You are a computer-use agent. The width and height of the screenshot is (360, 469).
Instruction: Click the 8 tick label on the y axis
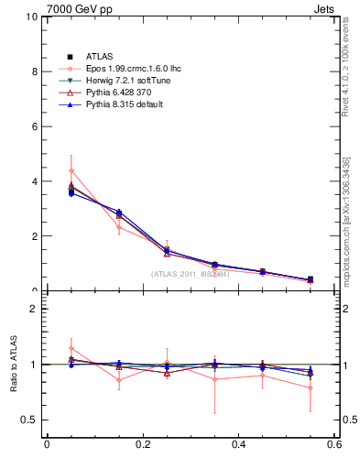coord(34,71)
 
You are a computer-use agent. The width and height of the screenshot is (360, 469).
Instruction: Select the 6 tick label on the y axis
coord(34,126)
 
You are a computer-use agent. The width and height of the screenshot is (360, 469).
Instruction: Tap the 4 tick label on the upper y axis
coord(34,181)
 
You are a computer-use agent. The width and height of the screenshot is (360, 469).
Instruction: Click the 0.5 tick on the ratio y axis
coord(28,420)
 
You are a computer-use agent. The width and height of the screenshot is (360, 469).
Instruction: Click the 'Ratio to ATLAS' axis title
coord(14,365)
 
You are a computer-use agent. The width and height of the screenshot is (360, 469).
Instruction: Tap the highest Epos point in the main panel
coord(71,170)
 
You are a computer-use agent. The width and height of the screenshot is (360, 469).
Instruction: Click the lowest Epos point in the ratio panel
coord(311,387)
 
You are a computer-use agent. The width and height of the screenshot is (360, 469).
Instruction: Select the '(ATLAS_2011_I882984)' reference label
coord(190,274)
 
